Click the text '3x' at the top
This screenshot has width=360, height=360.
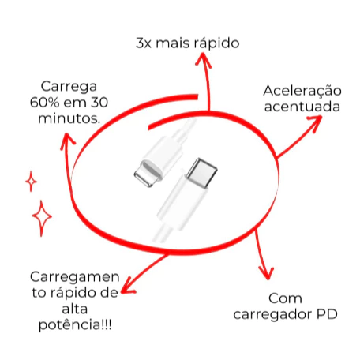tap(144, 43)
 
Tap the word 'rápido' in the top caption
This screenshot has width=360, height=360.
tap(216, 43)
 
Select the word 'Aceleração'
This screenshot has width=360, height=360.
tap(302, 92)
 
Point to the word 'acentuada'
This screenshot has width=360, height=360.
tap(302, 107)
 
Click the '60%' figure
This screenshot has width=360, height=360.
tap(44, 103)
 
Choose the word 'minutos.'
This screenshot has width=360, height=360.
tap(69, 118)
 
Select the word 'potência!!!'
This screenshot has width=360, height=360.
tap(75, 325)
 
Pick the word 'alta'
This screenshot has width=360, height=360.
tap(75, 309)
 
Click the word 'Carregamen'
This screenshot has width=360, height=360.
tap(75, 278)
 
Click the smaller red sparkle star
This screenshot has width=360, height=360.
tap(31, 182)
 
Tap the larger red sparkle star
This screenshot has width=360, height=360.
tap(42, 217)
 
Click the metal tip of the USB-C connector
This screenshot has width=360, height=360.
tap(202, 172)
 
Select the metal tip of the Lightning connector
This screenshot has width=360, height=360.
tap(148, 174)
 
